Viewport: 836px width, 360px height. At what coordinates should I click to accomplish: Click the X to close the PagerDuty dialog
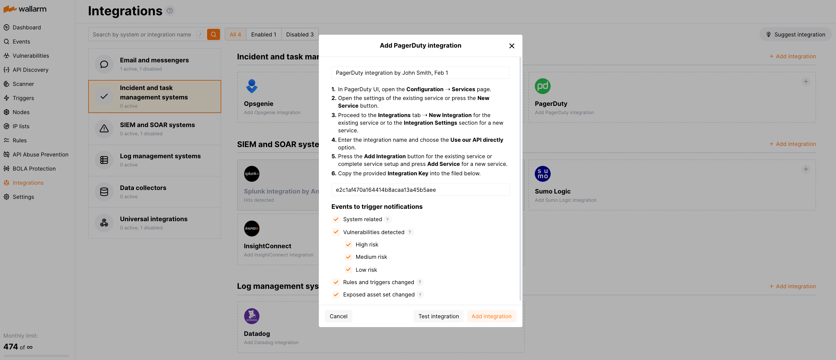pyautogui.click(x=512, y=46)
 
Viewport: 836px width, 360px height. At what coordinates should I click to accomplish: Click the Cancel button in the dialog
pyautogui.click(x=338, y=316)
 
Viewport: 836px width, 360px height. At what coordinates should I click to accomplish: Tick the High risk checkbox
pyautogui.click(x=348, y=244)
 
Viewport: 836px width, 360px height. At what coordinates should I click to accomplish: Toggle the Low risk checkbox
pyautogui.click(x=348, y=270)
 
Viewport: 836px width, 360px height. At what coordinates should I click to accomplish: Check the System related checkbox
pyautogui.click(x=336, y=219)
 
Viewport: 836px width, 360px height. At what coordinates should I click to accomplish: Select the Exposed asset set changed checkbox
pyautogui.click(x=336, y=294)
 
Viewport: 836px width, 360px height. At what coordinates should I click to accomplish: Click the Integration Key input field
pyautogui.click(x=420, y=190)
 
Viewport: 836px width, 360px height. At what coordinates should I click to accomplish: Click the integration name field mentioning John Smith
pyautogui.click(x=420, y=73)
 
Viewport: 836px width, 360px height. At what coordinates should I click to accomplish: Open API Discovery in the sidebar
pyautogui.click(x=30, y=70)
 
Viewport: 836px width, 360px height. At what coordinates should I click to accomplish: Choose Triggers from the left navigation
pyautogui.click(x=23, y=98)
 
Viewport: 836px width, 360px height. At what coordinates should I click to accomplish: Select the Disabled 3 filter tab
pyautogui.click(x=299, y=34)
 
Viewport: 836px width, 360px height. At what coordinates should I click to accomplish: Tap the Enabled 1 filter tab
pyautogui.click(x=263, y=34)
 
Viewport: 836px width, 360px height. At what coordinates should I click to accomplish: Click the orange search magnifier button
pyautogui.click(x=213, y=34)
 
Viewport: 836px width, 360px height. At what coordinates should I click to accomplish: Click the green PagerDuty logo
pyautogui.click(x=542, y=86)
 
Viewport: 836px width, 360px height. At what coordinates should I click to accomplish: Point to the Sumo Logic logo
pyautogui.click(x=542, y=174)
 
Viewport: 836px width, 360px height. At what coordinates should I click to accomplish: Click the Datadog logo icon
pyautogui.click(x=252, y=316)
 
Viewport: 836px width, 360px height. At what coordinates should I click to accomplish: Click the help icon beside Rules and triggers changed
pyautogui.click(x=420, y=282)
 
